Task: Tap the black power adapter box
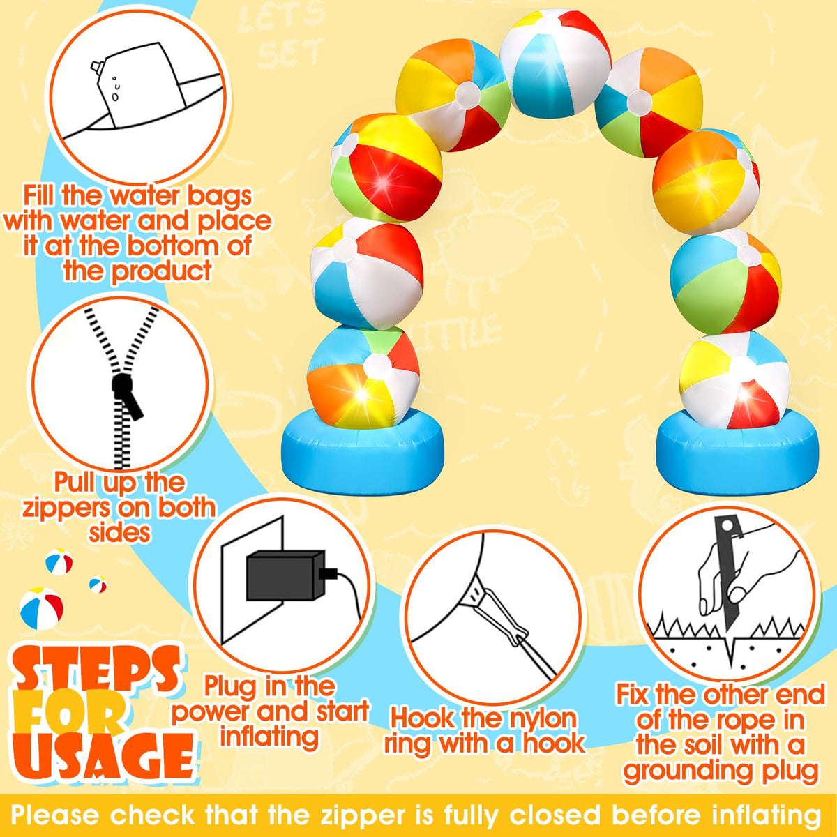pyautogui.click(x=285, y=576)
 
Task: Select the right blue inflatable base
pyautogui.click(x=737, y=452)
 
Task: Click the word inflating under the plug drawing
pyautogui.click(x=269, y=737)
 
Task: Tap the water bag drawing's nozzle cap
pyautogui.click(x=96, y=66)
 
